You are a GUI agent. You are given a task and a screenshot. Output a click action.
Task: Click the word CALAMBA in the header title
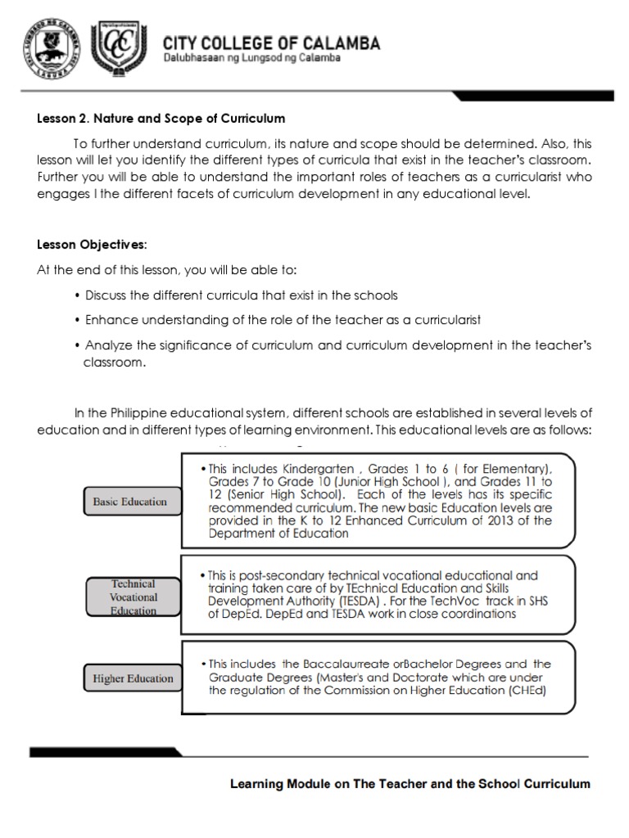[x=337, y=43]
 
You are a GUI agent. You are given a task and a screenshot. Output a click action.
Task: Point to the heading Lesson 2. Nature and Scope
[x=161, y=119]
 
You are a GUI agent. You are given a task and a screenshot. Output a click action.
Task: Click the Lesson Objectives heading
[x=92, y=245]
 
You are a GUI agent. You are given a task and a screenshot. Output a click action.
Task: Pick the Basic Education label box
[x=124, y=502]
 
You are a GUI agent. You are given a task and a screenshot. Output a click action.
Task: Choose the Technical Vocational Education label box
[x=133, y=597]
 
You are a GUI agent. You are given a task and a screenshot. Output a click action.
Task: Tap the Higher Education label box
[x=133, y=678]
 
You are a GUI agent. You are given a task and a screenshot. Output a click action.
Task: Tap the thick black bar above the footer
[x=164, y=752]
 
